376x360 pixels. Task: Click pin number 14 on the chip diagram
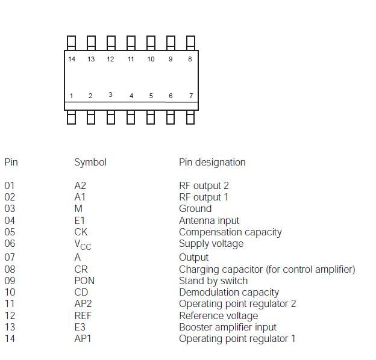coord(72,59)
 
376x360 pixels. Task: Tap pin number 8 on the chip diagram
coord(190,59)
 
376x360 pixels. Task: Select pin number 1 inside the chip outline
coord(71,96)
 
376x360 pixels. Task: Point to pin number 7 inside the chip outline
coord(191,96)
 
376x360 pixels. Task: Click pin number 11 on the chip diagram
coord(131,59)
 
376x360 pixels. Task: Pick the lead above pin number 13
coord(91,43)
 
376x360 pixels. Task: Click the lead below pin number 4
coord(131,117)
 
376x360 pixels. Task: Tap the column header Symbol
coord(90,162)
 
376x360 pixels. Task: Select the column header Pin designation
coord(212,162)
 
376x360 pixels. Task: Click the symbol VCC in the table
coord(83,244)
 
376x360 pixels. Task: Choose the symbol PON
coord(84,281)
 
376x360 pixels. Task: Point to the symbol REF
coord(83,315)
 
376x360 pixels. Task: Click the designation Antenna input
coord(208,220)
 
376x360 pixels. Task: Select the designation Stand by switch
coord(213,281)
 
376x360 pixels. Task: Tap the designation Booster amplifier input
coord(227,327)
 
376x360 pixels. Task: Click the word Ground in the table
coord(195,208)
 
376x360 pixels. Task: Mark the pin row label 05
coord(10,232)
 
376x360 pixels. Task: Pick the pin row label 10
coord(10,292)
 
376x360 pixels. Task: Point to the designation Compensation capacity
coord(230,232)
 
